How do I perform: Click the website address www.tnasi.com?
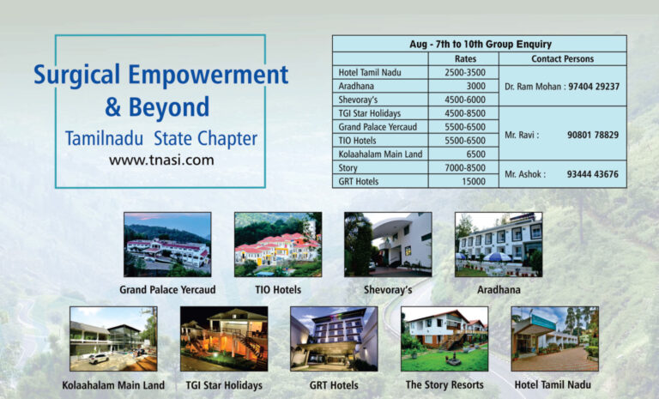(x=161, y=160)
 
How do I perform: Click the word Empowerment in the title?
(x=208, y=76)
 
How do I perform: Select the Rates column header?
(x=465, y=59)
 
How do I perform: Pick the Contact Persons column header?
(x=562, y=59)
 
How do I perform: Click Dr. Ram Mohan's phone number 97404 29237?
(x=594, y=87)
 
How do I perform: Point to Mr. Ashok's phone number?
(x=593, y=174)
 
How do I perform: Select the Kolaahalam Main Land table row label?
(x=380, y=154)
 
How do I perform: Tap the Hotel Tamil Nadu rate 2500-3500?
(x=465, y=72)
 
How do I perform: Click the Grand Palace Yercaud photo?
(x=167, y=245)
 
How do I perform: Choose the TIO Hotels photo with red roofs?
(x=278, y=245)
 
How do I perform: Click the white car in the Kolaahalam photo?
(x=99, y=359)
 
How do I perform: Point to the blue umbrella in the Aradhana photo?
(x=497, y=257)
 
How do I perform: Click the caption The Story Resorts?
(x=444, y=384)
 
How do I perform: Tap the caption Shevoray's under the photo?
(x=388, y=290)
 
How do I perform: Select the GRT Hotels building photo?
(x=334, y=339)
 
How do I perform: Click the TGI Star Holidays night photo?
(x=224, y=339)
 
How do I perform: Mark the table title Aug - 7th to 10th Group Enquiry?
(x=481, y=44)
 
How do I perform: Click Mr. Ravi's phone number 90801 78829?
(x=593, y=135)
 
